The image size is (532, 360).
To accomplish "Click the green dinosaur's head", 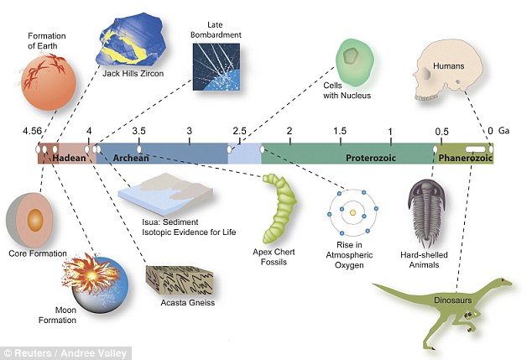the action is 503,282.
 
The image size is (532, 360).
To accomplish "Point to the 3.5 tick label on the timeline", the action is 138,131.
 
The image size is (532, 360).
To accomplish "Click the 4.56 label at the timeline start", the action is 32,131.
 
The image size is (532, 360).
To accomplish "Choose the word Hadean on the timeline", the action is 69,158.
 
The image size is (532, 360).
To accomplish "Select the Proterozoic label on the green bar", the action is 371,158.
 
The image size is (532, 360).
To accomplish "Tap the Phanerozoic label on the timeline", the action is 465,158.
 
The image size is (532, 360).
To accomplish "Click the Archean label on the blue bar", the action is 131,158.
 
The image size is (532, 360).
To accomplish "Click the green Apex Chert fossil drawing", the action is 279,208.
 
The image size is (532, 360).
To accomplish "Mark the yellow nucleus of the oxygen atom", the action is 353,213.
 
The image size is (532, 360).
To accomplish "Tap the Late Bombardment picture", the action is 216,67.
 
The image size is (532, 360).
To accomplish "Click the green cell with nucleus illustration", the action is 355,60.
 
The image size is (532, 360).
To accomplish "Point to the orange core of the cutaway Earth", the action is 34,220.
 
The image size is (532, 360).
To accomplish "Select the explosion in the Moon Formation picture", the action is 91,274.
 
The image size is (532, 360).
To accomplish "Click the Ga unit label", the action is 503,131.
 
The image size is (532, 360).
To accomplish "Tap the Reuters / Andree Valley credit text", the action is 65,353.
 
